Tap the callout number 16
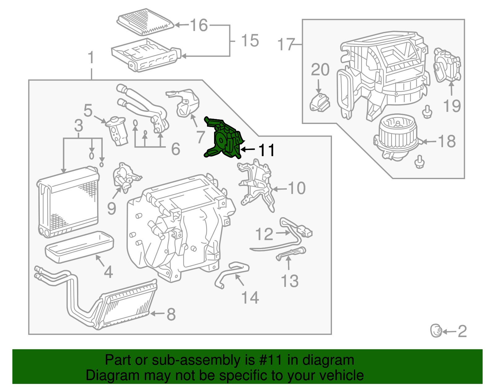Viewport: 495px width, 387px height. (x=199, y=25)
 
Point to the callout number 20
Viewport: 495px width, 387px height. (x=320, y=70)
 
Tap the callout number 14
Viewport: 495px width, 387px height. (x=250, y=297)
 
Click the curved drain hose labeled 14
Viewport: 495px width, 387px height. (x=230, y=273)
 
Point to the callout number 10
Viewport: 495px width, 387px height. (x=296, y=188)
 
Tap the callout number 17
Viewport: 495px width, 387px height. (x=286, y=44)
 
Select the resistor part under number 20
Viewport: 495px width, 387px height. (x=320, y=102)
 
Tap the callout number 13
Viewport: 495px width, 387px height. (x=289, y=281)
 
